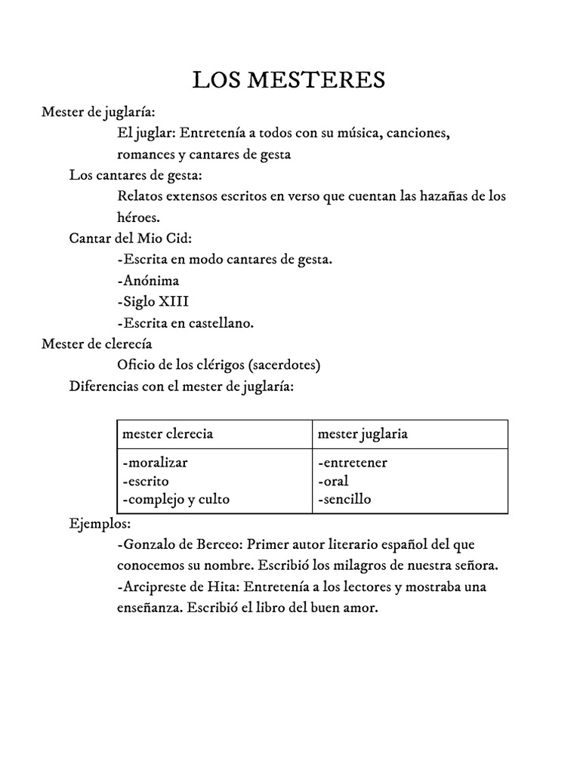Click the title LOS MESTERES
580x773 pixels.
[x=289, y=79]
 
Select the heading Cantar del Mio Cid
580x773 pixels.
[x=131, y=238]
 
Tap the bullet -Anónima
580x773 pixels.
[x=149, y=280]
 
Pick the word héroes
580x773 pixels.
[x=138, y=217]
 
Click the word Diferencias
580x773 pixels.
[x=103, y=386]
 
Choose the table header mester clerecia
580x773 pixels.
[x=167, y=433]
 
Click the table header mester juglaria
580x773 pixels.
[x=362, y=433]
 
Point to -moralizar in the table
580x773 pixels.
[x=154, y=463]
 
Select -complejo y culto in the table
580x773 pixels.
[x=174, y=499]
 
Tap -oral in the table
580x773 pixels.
[x=333, y=481]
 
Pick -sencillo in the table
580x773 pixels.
[x=344, y=499]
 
